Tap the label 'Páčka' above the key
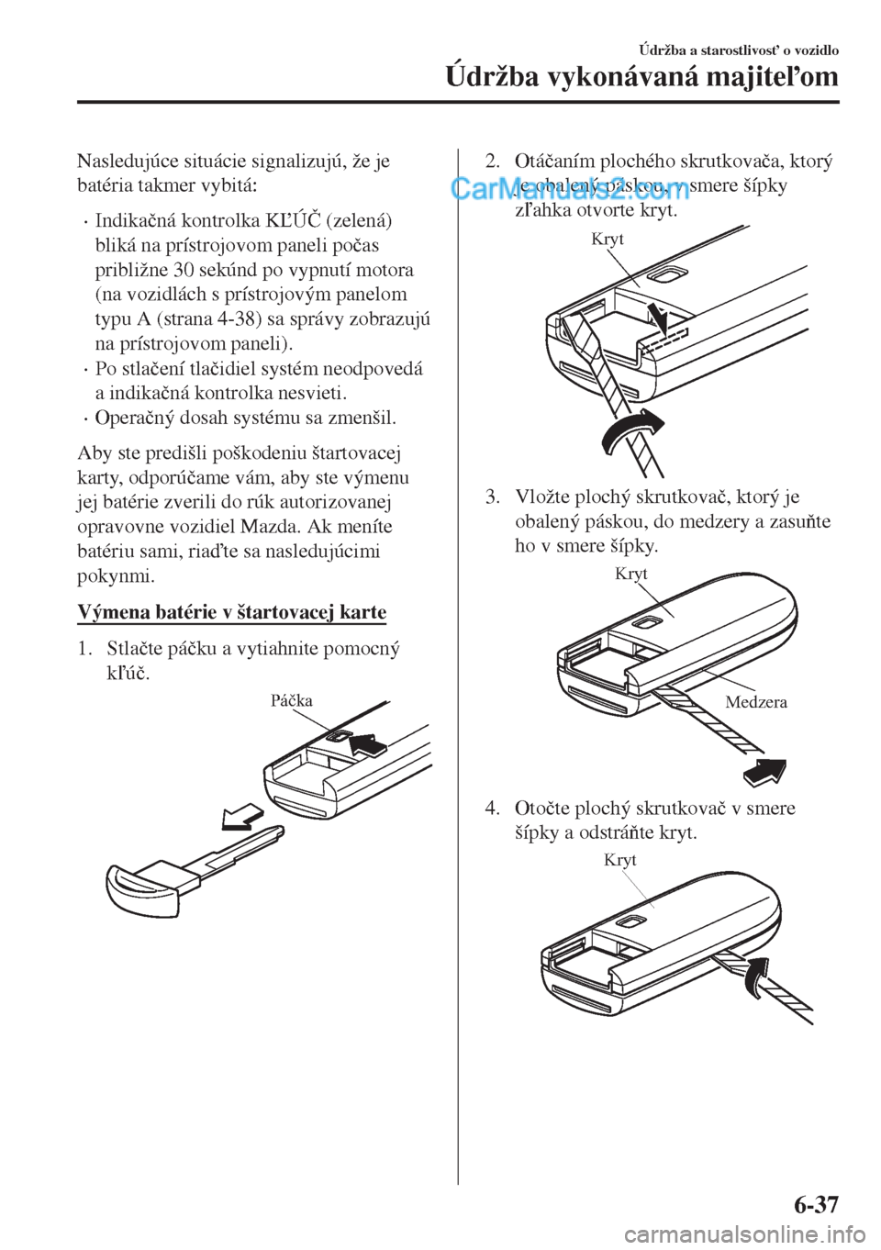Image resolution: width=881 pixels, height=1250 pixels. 292,701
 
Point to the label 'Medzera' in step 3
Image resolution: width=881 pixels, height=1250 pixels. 756,703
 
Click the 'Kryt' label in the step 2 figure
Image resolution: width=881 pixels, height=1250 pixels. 608,240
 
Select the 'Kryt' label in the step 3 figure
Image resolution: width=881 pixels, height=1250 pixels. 631,575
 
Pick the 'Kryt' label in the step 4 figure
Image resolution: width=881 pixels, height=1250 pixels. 620,861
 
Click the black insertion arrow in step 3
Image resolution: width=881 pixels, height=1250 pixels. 764,773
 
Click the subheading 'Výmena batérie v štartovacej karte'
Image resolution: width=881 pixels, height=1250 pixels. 232,612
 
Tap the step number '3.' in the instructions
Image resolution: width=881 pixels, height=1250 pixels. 493,497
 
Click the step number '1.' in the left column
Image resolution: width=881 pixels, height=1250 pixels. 84,650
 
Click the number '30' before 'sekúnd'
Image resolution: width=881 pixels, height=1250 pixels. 172,271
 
